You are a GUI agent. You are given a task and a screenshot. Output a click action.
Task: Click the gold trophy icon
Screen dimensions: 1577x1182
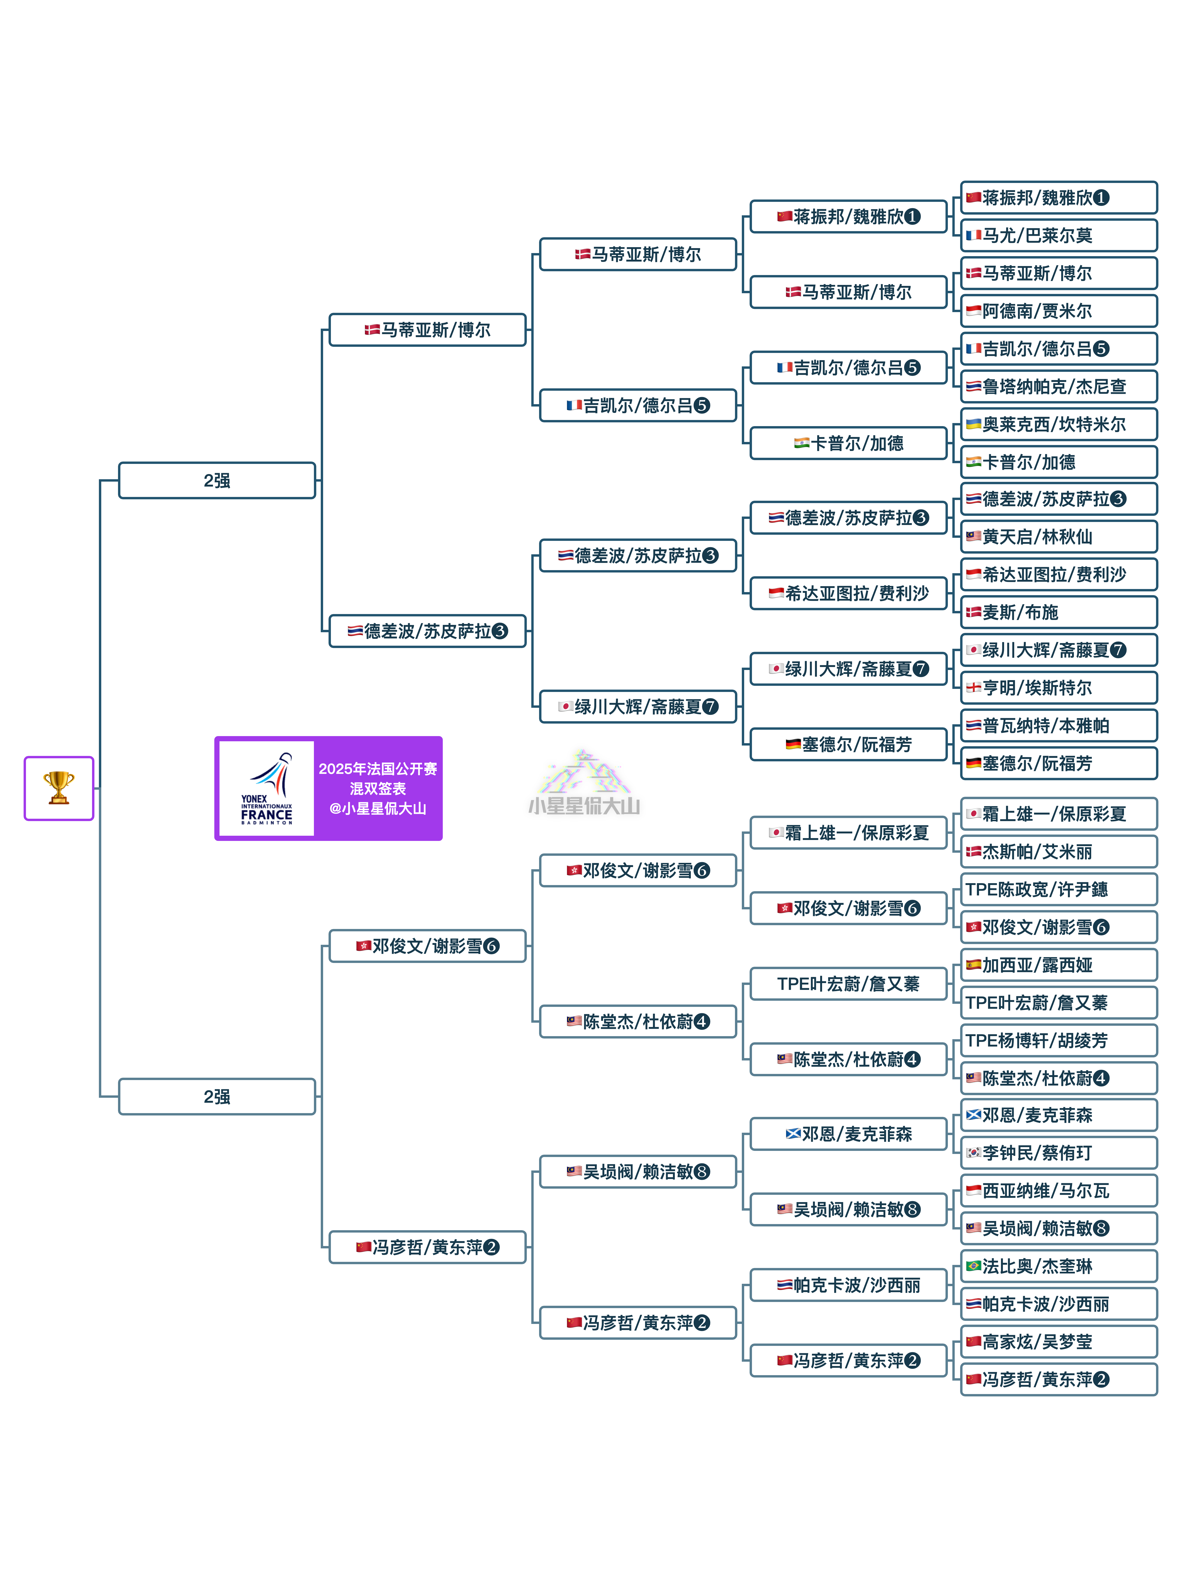[59, 788]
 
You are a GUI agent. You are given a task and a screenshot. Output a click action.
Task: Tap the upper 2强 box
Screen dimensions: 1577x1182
[217, 480]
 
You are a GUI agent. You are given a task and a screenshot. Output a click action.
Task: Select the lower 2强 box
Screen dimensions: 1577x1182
[217, 1097]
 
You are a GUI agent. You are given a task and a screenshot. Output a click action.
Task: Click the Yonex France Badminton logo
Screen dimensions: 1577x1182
[267, 788]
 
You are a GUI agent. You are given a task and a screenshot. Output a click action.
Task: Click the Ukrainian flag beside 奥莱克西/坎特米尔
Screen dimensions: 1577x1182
[973, 424]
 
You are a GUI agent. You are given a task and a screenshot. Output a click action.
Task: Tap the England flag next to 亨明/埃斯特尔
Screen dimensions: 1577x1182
[973, 688]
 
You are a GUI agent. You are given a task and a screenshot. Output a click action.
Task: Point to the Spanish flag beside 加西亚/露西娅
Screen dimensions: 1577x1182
[973, 965]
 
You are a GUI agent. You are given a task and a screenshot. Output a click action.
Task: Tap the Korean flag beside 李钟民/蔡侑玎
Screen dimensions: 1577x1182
[973, 1153]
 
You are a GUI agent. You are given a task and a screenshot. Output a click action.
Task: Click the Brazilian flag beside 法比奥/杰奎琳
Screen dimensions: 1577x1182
[973, 1266]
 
